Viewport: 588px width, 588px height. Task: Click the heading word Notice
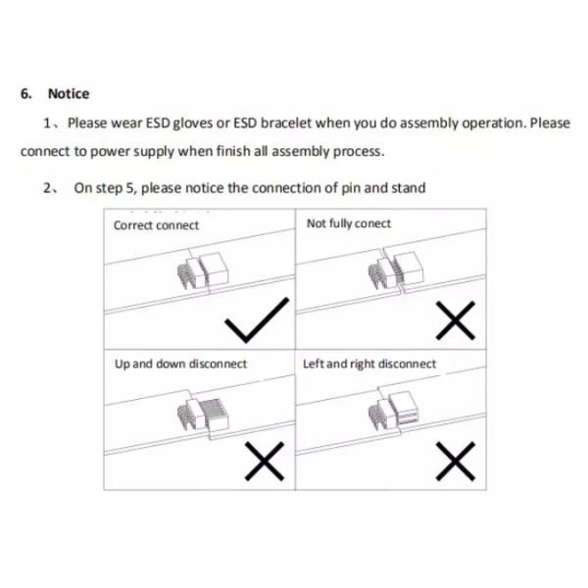[x=69, y=94]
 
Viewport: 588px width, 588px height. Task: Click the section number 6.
[x=25, y=94]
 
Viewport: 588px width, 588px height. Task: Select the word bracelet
[x=286, y=123]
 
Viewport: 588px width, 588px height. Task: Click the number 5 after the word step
[x=129, y=188]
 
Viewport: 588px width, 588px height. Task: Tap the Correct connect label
[x=156, y=225]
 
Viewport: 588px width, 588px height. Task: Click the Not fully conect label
[x=349, y=223]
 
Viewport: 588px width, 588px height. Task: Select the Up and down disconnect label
[x=180, y=364]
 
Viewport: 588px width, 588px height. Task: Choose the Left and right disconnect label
[x=369, y=364]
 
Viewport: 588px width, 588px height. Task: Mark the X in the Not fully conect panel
[x=456, y=320]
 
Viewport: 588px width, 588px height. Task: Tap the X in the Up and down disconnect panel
[x=265, y=461]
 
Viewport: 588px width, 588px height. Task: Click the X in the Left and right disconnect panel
[x=456, y=461]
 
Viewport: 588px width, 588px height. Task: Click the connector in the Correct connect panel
[x=203, y=270]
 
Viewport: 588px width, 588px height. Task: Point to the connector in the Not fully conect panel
[x=396, y=270]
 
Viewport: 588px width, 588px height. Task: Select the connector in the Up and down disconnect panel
[x=203, y=414]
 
